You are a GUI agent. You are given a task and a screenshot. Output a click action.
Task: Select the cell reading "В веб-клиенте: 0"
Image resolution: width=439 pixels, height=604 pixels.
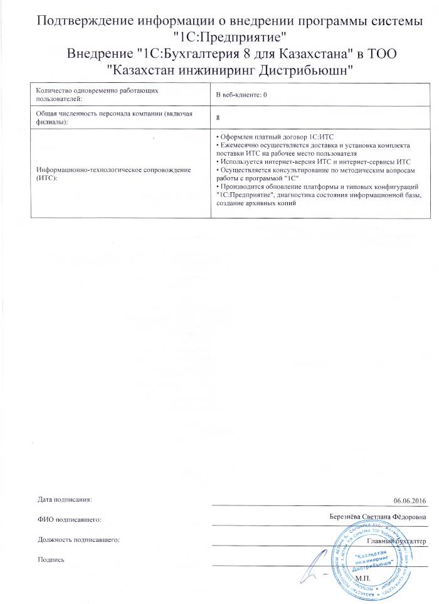pos(241,94)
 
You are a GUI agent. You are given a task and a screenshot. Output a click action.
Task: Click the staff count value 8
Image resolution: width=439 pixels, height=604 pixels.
pos(217,117)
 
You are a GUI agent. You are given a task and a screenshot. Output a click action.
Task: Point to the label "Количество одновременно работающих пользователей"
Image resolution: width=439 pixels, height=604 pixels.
pos(96,94)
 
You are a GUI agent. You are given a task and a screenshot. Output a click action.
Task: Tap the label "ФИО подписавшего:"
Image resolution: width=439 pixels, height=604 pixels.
pos(69,520)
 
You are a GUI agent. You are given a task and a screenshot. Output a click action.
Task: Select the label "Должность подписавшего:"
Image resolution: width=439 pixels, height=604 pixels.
pos(78,539)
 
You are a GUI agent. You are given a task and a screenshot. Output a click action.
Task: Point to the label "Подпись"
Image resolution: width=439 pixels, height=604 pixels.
pos(51,559)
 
